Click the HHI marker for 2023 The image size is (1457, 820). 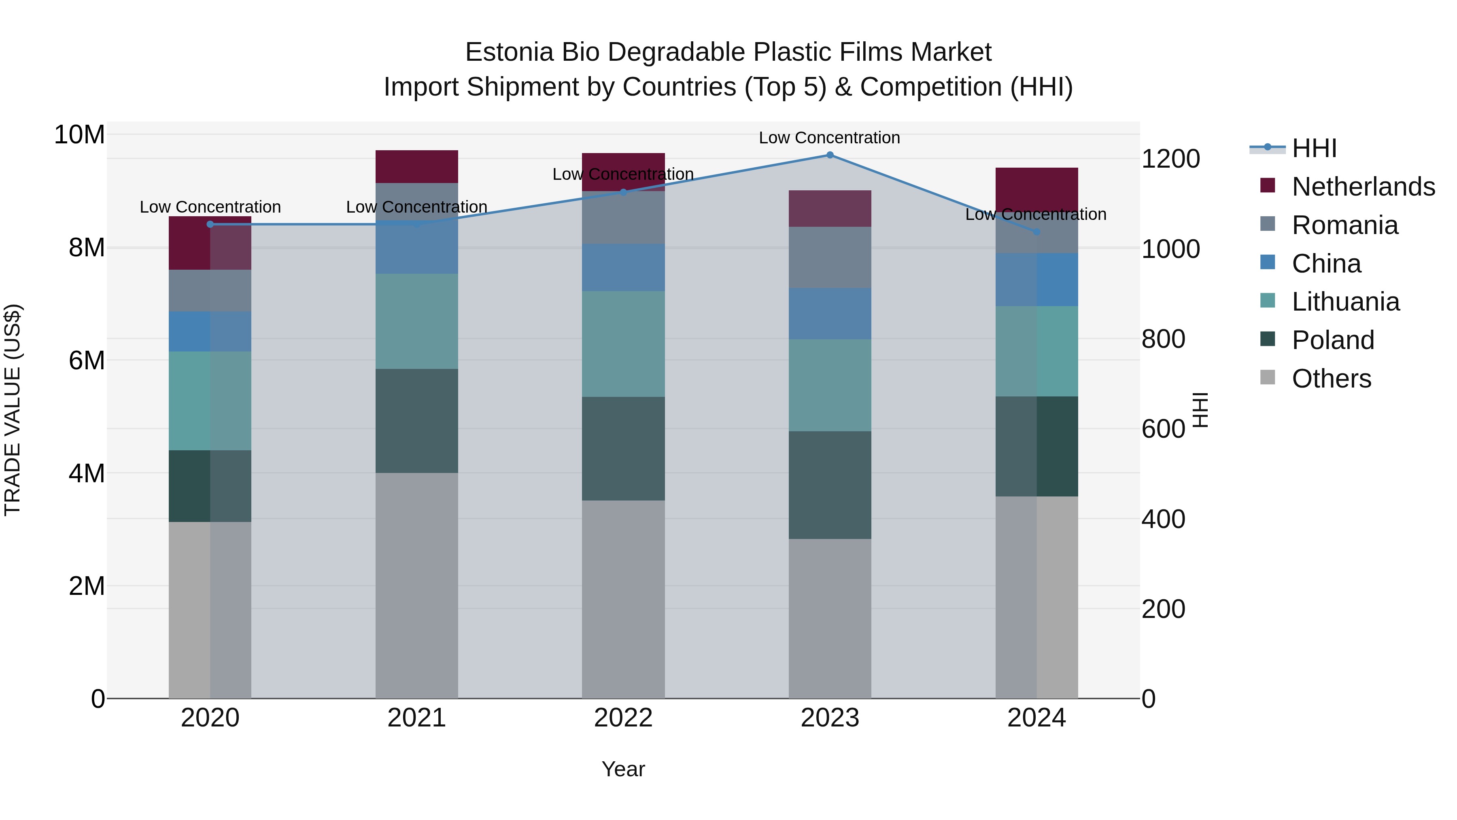[830, 155]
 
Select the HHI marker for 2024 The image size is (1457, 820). [1036, 232]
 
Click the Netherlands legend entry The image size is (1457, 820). [1363, 187]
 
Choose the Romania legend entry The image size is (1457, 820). [1344, 225]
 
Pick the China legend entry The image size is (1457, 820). [1326, 264]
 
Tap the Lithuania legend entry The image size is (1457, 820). [1345, 302]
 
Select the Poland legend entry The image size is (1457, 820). [1333, 340]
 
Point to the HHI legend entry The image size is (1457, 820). [1314, 148]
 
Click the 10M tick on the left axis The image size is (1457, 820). [79, 135]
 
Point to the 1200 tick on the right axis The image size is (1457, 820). [1170, 159]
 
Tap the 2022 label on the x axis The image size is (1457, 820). [623, 718]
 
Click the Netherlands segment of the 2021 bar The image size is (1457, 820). [417, 166]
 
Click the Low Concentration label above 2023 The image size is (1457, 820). [829, 138]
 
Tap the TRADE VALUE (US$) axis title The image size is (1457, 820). [13, 410]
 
